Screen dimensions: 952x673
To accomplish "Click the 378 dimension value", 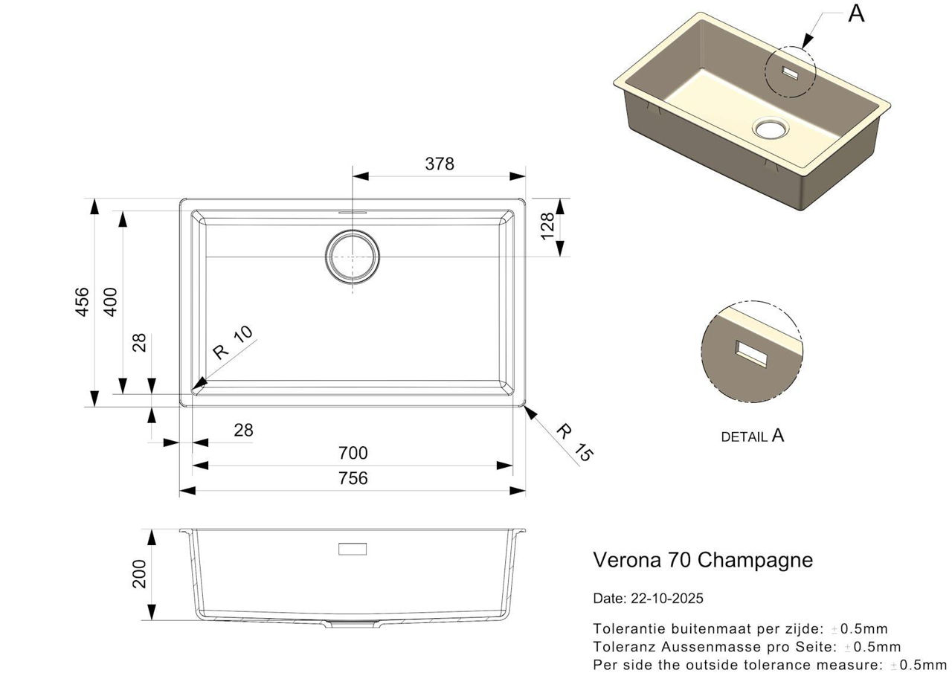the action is (x=440, y=164).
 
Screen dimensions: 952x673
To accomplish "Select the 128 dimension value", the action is (x=548, y=226).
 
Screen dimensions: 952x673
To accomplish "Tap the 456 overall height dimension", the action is (x=82, y=302).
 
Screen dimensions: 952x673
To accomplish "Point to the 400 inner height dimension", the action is (x=111, y=302).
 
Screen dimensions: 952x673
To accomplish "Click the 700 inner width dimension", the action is (x=353, y=453).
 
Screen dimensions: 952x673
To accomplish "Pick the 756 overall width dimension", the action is (x=353, y=478).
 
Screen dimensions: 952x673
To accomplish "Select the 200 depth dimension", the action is (x=139, y=574).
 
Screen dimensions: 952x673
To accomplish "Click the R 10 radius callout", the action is (x=233, y=342).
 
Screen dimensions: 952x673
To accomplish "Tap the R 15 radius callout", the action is (x=574, y=442).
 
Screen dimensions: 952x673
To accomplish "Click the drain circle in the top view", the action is (x=353, y=230).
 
